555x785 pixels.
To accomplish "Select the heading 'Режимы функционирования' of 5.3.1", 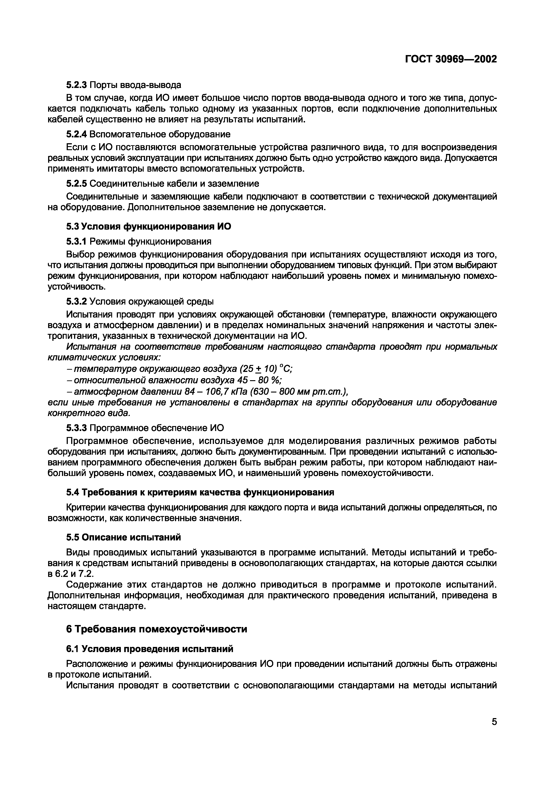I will tap(150, 241).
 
